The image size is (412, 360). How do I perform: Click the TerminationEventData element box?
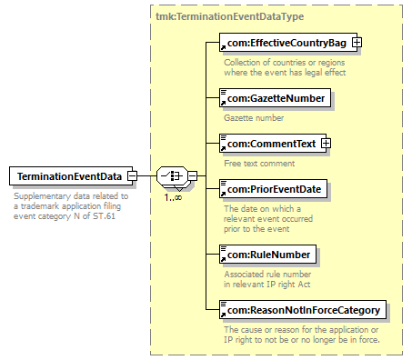coord(71,175)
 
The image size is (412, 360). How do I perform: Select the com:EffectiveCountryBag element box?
coord(288,43)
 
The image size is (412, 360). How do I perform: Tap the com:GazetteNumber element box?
coord(275,97)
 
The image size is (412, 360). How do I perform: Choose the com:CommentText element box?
coord(273,143)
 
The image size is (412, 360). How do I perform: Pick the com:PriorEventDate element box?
coord(273,189)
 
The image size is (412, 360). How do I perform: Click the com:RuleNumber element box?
coord(267,255)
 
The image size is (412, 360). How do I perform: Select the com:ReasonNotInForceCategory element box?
coord(303,310)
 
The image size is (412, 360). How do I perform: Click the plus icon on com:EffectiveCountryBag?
coord(357,43)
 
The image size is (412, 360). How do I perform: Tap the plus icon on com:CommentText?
coord(326,143)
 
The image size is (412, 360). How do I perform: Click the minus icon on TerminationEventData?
coord(132,175)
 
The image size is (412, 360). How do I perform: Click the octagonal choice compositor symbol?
coord(172,175)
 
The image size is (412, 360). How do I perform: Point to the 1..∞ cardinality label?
coord(173,198)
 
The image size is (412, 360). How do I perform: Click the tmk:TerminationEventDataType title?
coord(229,16)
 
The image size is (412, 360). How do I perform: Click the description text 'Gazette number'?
coord(254,117)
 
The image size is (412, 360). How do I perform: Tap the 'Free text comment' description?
coord(259,164)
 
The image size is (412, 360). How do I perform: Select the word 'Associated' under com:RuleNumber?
coord(243,275)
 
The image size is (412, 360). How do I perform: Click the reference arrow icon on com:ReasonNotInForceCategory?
coord(223,315)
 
